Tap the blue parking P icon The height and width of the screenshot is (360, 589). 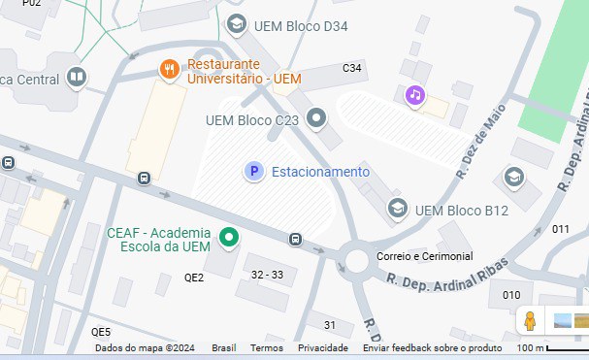253,172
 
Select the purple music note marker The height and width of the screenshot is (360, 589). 415,94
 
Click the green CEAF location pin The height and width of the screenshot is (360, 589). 230,236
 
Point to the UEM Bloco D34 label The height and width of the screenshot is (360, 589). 300,25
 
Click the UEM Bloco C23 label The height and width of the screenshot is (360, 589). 252,121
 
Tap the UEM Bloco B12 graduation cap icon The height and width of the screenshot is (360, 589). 397,209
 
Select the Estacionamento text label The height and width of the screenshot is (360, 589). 320,172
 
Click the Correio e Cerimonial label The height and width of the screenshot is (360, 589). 425,256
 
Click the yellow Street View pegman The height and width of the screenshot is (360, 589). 530,320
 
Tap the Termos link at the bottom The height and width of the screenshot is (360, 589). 267,348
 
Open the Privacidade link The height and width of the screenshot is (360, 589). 323,348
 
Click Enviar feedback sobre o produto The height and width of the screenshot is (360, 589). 433,348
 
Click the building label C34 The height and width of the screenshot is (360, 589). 352,68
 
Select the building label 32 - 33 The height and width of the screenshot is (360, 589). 267,275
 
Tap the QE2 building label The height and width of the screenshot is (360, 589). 194,278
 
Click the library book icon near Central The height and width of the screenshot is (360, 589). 77,78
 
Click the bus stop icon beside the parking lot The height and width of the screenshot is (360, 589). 295,239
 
